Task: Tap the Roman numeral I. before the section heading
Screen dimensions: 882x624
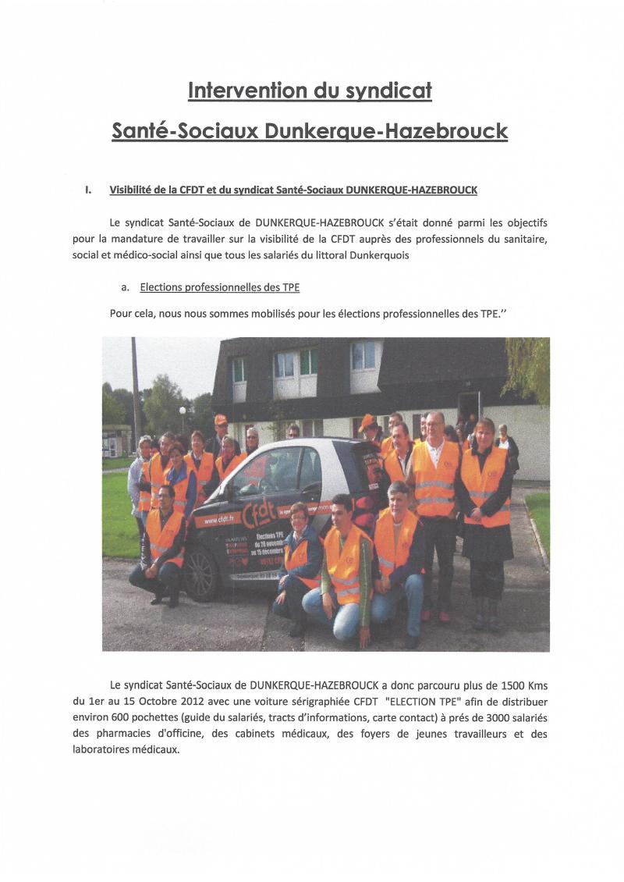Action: click(x=88, y=190)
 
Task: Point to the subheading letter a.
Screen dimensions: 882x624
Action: click(x=125, y=287)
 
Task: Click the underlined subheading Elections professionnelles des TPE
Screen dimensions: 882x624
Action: click(x=219, y=287)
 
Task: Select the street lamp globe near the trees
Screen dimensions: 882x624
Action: click(x=183, y=409)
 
